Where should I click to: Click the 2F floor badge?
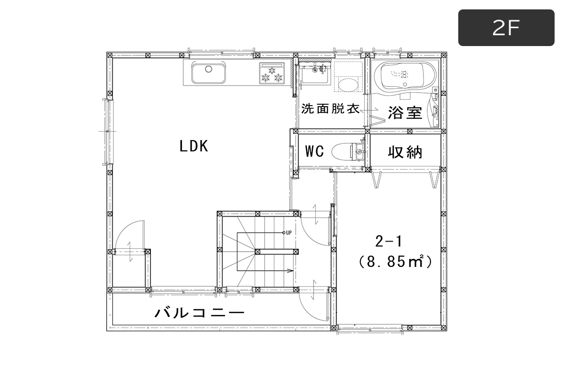pyautogui.click(x=506, y=28)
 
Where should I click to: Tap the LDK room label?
pyautogui.click(x=194, y=146)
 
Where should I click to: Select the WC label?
pyautogui.click(x=314, y=151)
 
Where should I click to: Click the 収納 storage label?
pyautogui.click(x=405, y=152)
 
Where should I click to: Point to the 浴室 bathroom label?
pyautogui.click(x=405, y=113)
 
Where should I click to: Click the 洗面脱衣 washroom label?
pyautogui.click(x=330, y=109)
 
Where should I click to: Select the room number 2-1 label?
pyautogui.click(x=389, y=241)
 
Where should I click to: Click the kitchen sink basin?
pyautogui.click(x=209, y=72)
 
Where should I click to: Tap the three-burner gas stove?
pyautogui.click(x=272, y=73)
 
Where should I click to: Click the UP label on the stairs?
pyautogui.click(x=289, y=233)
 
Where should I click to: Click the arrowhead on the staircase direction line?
pyautogui.click(x=290, y=271)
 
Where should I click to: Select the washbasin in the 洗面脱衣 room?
pyautogui.click(x=315, y=73)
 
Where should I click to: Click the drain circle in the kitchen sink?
pyautogui.click(x=209, y=69)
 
